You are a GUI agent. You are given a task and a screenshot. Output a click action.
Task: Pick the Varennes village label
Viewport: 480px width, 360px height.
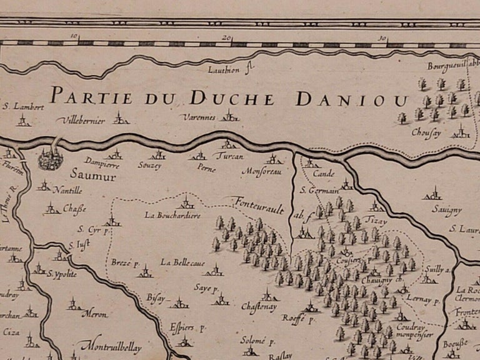tap(199, 117)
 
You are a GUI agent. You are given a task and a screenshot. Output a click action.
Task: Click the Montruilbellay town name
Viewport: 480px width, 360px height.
tap(111, 345)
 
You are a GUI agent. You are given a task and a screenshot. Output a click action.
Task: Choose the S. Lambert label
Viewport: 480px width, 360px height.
tap(23, 106)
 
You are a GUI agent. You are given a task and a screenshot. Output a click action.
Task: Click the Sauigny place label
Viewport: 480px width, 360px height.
tap(428, 211)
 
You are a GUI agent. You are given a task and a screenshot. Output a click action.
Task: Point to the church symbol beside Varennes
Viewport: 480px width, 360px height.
tap(231, 116)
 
